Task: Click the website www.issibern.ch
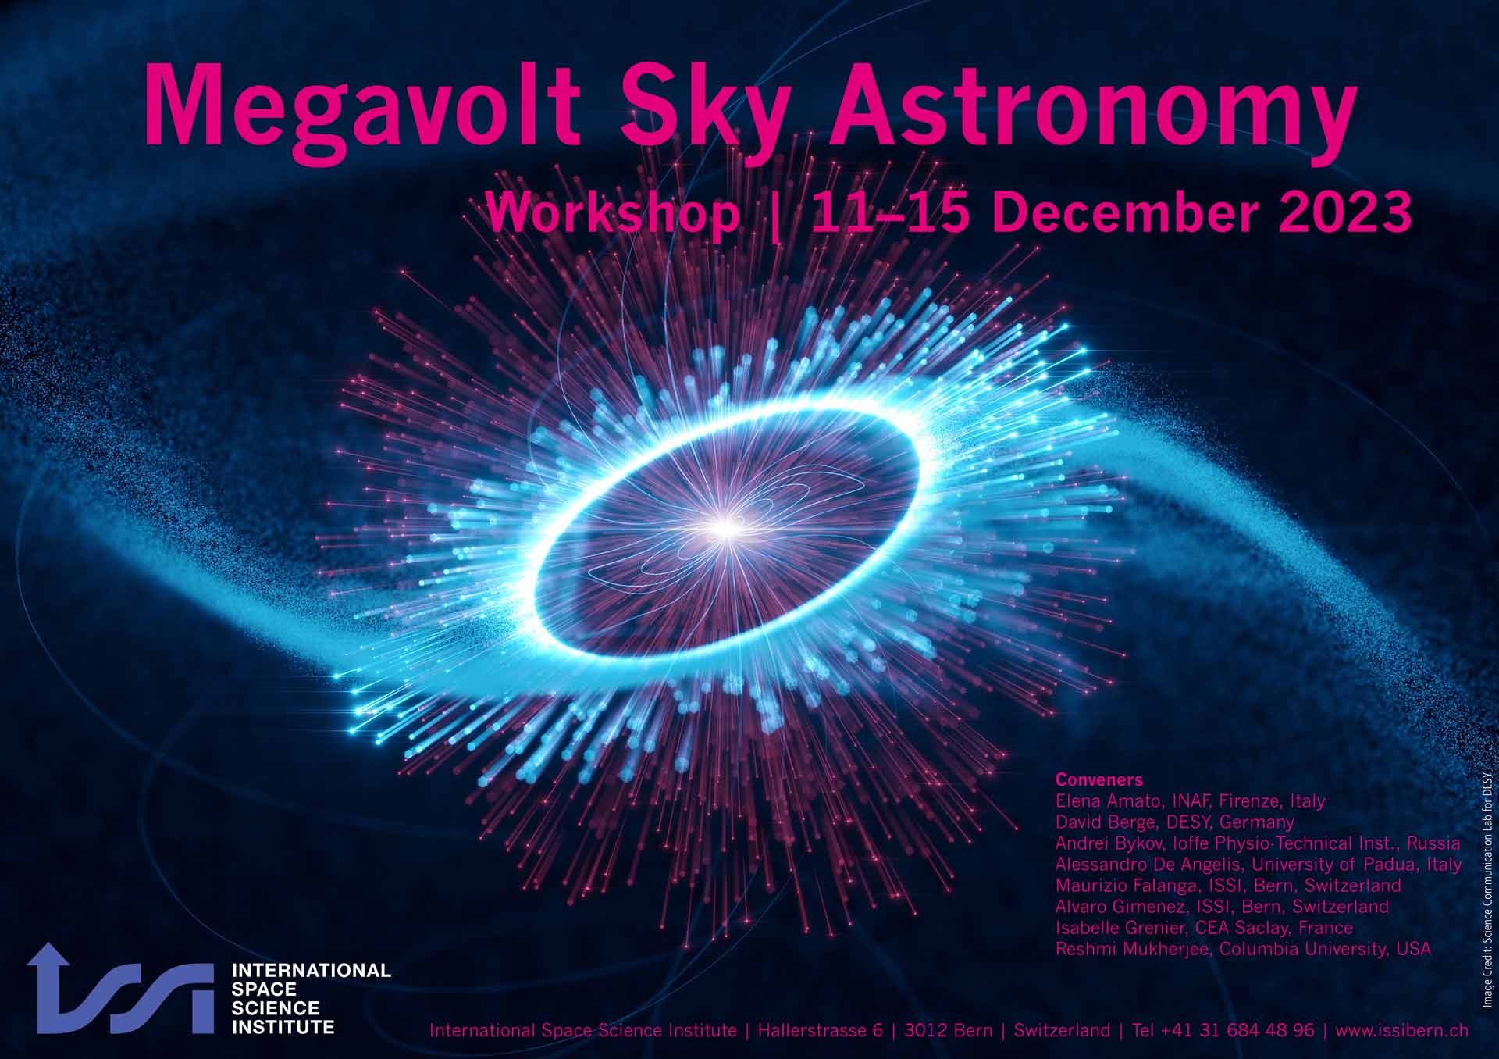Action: (x=1401, y=1030)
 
